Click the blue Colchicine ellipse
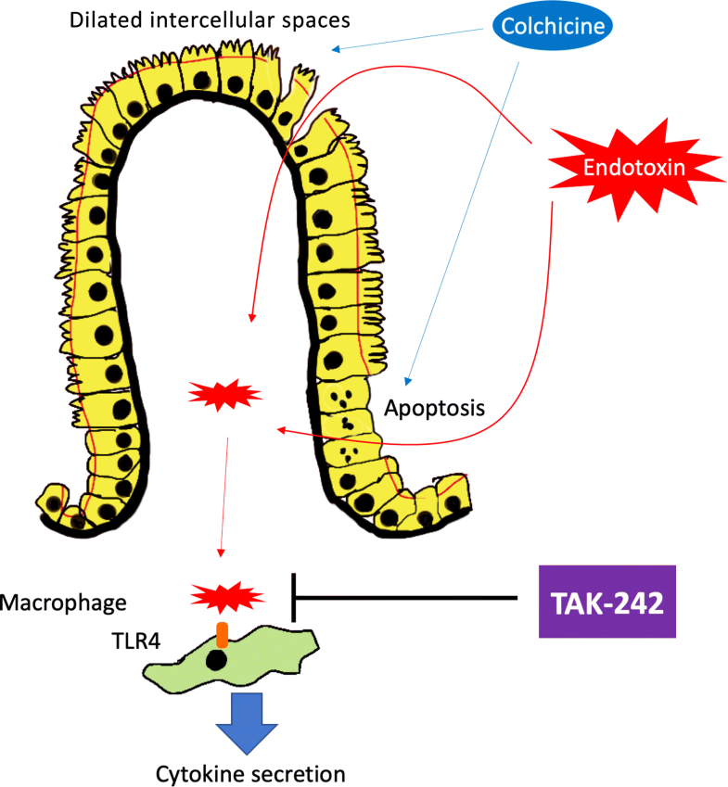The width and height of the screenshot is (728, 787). [555, 27]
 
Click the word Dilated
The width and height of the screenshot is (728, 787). [105, 19]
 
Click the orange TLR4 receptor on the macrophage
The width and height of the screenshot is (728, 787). [223, 635]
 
